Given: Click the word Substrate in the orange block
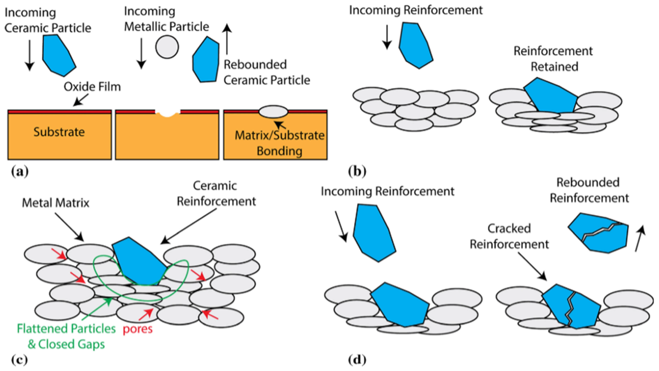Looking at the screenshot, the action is click(59, 132).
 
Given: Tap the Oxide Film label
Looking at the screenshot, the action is click(92, 87).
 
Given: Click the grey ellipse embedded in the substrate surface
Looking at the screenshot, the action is click(273, 112).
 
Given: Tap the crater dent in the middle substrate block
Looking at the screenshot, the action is click(167, 113).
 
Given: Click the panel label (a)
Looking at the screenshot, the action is click(20, 171).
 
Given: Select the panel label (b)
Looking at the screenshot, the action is click(357, 171).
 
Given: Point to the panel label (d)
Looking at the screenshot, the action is click(357, 360).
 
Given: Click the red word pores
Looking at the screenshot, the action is click(138, 329).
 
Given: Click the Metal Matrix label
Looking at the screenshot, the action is click(56, 203).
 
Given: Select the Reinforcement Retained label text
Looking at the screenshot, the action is click(553, 59).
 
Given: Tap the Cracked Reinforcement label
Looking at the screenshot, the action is click(509, 236).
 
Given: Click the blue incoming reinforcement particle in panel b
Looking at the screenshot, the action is click(416, 45).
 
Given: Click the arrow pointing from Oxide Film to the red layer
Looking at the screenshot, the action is click(81, 100).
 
